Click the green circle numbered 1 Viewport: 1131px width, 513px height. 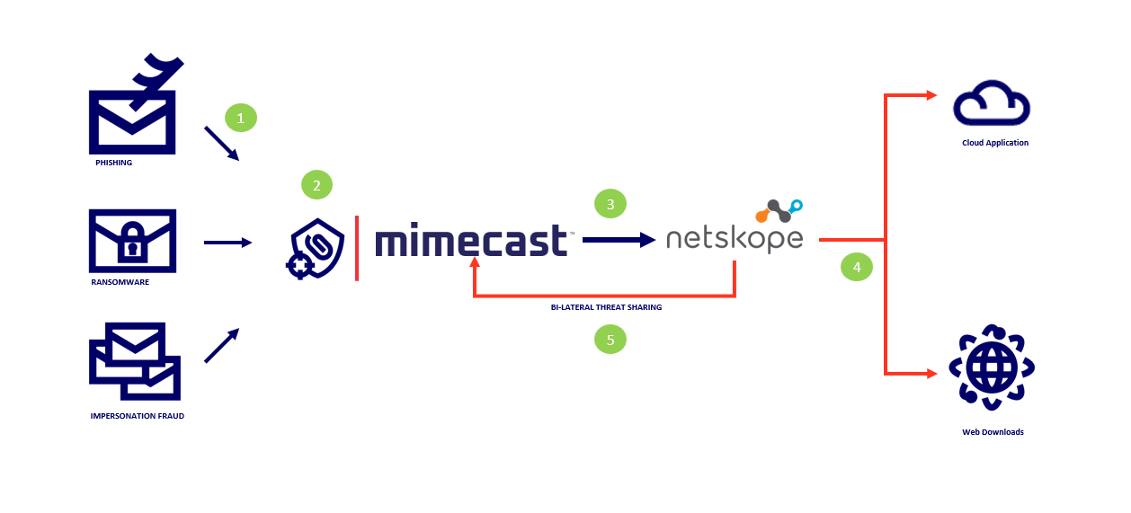[240, 118]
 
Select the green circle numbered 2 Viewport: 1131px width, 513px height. [316, 186]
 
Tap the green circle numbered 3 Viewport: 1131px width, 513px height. [610, 204]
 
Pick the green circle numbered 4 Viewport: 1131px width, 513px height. [857, 267]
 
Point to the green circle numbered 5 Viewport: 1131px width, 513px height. [610, 340]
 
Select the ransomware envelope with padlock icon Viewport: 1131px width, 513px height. [132, 241]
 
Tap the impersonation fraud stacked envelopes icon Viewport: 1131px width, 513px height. [135, 361]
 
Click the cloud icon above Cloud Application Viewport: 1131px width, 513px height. [992, 103]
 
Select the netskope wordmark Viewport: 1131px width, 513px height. [734, 240]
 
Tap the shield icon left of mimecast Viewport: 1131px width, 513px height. [316, 246]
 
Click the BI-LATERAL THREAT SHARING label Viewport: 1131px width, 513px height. [606, 307]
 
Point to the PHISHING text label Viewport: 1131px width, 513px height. [114, 163]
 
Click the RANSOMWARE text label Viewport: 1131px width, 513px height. [120, 281]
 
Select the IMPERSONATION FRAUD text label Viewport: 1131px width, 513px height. [138, 416]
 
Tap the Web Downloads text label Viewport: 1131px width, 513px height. [993, 432]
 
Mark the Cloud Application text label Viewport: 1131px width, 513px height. [994, 143]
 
